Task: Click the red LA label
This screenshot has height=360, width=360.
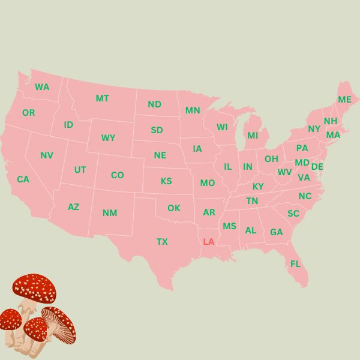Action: pos(209,242)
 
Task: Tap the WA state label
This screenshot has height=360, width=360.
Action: pos(42,87)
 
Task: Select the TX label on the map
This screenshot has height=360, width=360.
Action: pos(162,242)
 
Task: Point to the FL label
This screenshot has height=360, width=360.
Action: pos(295,264)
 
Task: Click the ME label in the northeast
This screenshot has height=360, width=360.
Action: pos(344,100)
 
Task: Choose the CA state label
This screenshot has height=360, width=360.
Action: pos(23,179)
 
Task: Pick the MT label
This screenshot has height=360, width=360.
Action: pos(102,98)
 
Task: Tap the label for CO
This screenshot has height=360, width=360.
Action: pos(118,175)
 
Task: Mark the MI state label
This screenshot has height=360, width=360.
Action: pos(253,136)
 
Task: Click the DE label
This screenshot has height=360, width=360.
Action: pos(317,167)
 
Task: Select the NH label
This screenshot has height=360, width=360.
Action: pos(331,121)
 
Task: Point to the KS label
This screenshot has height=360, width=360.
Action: pos(166,181)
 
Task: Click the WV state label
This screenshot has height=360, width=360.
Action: pos(284,172)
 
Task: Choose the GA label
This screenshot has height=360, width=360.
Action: pos(276,232)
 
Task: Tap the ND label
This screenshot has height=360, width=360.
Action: pos(154,104)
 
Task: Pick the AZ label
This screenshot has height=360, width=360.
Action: pos(73,207)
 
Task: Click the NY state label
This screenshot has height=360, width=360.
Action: pos(314,129)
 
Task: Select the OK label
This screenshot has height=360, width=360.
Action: pos(173,208)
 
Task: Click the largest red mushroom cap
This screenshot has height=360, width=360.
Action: pos(34,288)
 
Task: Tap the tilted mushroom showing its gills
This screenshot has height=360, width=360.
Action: pos(60,324)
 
